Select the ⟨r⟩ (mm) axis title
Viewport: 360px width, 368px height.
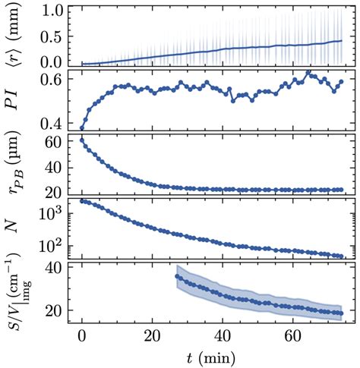coord(16,36)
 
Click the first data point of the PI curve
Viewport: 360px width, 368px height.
coord(82,127)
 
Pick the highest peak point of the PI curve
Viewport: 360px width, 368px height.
coord(308,73)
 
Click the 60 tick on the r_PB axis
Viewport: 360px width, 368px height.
coord(53,142)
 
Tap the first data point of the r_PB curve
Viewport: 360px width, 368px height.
coord(82,140)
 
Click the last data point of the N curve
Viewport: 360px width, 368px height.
coord(341,256)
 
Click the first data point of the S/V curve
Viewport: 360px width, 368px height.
coord(178,276)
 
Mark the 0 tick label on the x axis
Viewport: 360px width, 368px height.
coord(82,336)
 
